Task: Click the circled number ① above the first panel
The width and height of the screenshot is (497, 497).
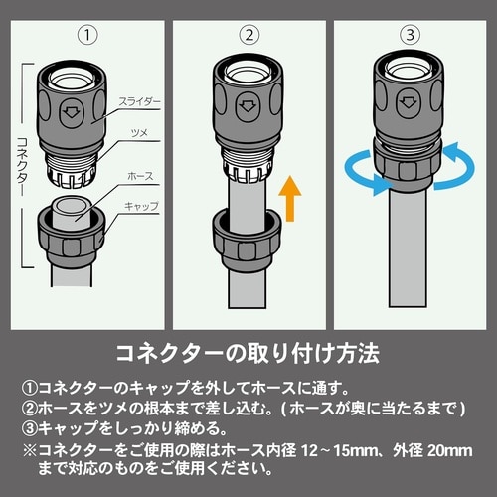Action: tap(87, 35)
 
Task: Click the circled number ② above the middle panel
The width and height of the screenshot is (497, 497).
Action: tap(249, 35)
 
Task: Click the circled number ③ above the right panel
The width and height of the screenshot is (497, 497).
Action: tap(411, 35)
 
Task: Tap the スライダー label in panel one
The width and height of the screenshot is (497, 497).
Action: tap(139, 102)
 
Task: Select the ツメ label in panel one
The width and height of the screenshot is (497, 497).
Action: tap(139, 133)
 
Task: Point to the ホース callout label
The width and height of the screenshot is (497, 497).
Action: tap(140, 176)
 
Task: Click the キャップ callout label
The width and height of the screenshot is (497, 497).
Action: tap(141, 206)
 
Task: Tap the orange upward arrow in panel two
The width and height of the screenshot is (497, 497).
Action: tap(290, 199)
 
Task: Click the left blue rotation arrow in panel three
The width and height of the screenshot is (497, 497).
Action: tap(365, 172)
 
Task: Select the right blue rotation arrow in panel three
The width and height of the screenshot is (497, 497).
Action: tap(454, 166)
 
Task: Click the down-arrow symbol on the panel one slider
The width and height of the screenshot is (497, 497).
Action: tap(71, 112)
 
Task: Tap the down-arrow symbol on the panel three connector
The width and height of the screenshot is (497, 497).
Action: tap(408, 103)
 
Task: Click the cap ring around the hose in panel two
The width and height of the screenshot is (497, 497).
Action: tap(247, 240)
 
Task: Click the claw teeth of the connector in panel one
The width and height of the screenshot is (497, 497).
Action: tap(72, 175)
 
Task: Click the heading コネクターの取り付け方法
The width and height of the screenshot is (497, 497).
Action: tap(248, 354)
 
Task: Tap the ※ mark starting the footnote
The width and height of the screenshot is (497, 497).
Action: tap(30, 451)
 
